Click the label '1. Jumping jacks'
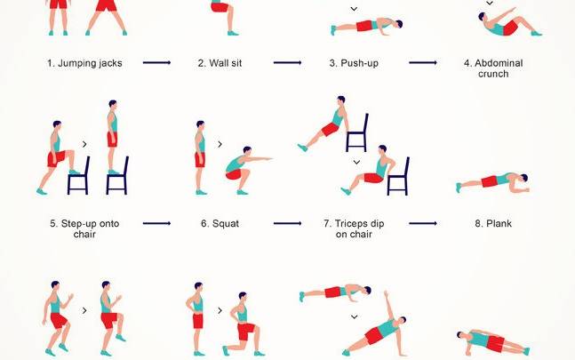(84, 63)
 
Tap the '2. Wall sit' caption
(220, 63)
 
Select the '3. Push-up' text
(354, 63)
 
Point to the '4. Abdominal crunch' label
(493, 68)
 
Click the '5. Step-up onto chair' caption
(84, 228)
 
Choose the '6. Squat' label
(220, 224)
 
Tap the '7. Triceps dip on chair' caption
(354, 228)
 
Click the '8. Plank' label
(493, 224)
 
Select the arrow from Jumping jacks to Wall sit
(156, 63)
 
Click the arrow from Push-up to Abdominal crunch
(423, 63)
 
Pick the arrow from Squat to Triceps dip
(288, 223)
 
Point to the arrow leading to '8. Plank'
(423, 223)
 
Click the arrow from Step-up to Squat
(156, 223)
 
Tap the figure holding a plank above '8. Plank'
(492, 182)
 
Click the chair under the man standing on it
(117, 176)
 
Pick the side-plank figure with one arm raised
(374, 327)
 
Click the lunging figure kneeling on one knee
(244, 324)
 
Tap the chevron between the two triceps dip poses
(356, 162)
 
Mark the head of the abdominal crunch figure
(482, 17)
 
